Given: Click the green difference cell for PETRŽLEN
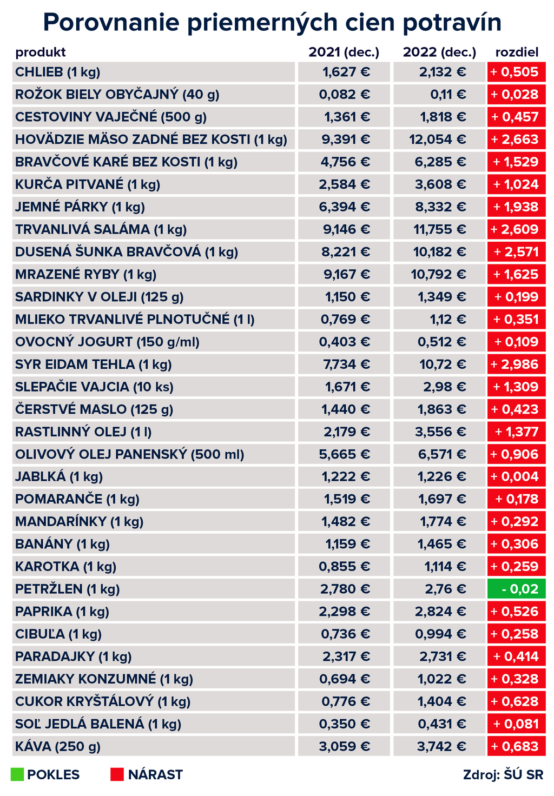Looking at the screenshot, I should click(516, 589).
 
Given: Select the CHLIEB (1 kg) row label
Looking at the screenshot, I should click(58, 72).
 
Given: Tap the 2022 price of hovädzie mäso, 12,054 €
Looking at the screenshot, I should click(438, 140).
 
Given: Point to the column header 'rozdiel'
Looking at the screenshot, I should click(517, 52).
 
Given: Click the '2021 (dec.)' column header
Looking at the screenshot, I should click(344, 52).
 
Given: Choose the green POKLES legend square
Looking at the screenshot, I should click(17, 774).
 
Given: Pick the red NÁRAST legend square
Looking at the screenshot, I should click(117, 774).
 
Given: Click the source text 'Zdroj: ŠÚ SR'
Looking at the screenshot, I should click(503, 774).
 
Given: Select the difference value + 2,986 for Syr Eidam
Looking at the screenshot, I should click(516, 364).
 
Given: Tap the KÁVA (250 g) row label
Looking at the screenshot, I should click(58, 747).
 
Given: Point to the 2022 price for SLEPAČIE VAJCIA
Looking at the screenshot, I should click(445, 387).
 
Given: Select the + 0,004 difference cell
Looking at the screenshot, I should click(516, 476).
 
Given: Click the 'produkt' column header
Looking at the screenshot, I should click(41, 52).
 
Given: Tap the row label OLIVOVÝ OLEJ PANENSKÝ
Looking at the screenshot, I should click(130, 454).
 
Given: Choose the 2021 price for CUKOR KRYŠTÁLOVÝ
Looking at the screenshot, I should click(345, 701).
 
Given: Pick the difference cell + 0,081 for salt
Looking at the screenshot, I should click(516, 724).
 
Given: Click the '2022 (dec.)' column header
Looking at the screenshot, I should click(439, 52).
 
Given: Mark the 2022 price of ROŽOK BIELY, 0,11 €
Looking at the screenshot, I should click(448, 95).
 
